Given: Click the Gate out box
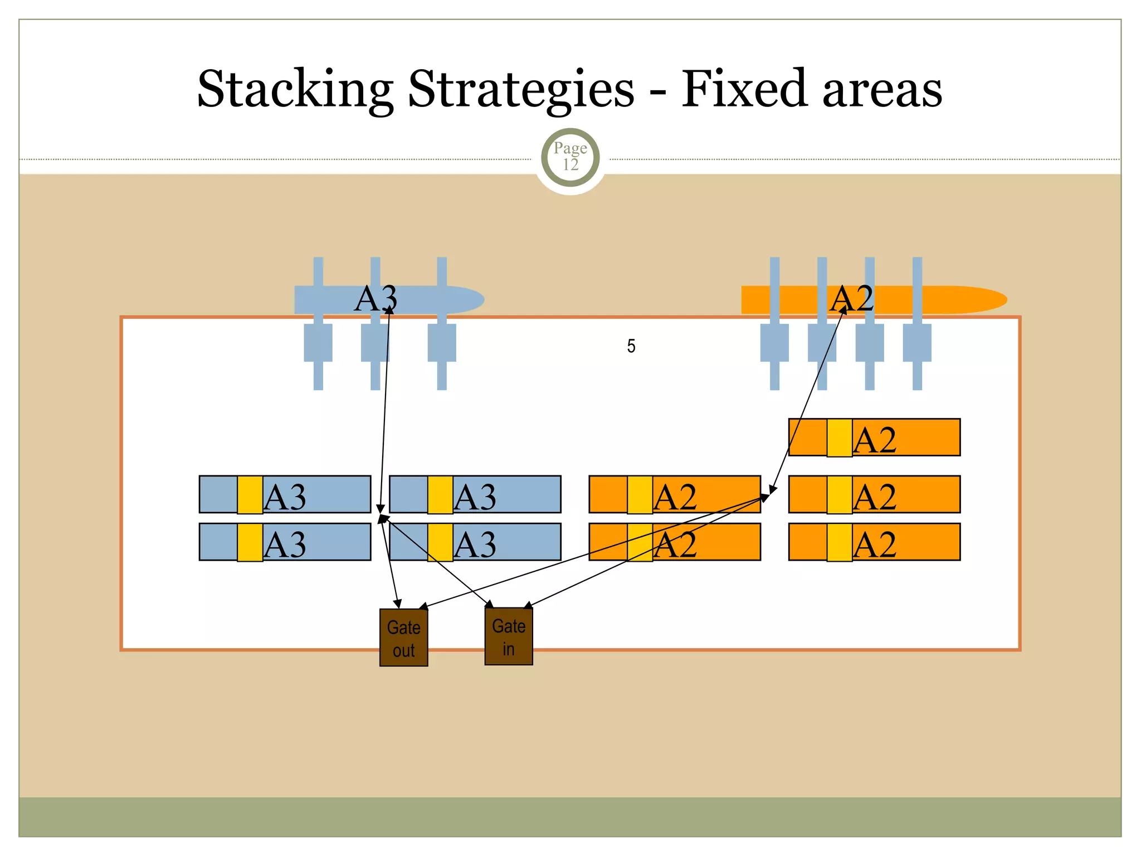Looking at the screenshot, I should (403, 638).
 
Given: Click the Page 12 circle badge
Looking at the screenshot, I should (570, 157).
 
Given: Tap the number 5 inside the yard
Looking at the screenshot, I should (631, 346).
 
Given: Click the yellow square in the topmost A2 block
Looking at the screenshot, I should (839, 437).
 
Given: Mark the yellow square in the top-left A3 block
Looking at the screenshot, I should (250, 494).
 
